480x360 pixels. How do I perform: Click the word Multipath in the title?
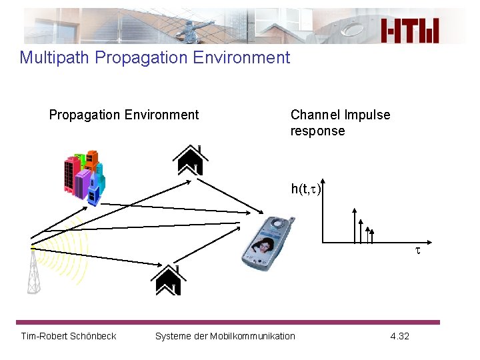(x=55, y=57)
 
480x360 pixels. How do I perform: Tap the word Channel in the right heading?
(x=315, y=115)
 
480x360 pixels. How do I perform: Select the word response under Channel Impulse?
(x=317, y=131)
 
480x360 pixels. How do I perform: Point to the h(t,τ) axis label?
(x=305, y=189)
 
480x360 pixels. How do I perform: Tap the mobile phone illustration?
(x=267, y=241)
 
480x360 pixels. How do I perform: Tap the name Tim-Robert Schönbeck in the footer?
(x=69, y=336)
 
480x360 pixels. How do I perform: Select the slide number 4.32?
(x=399, y=336)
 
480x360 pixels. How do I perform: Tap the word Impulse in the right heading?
(x=367, y=115)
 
